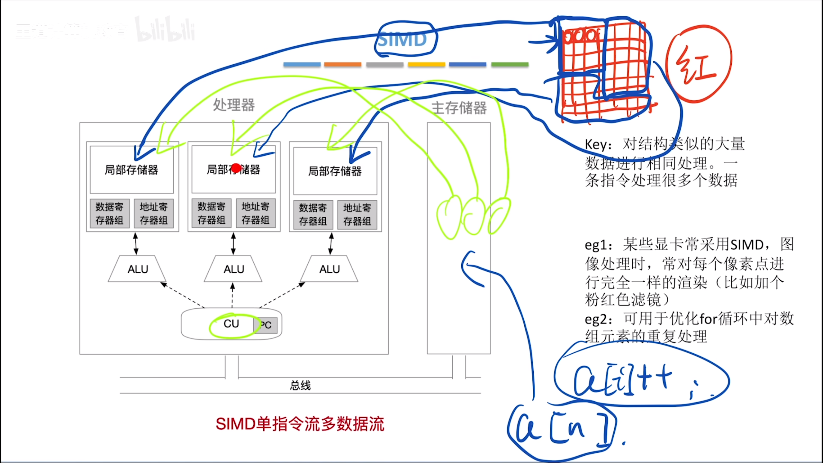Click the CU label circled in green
231,324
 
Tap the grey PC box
266,325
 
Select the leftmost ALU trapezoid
138,269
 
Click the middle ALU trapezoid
234,269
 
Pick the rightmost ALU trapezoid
329,269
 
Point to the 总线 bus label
300,385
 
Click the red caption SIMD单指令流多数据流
300,424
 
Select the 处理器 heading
234,105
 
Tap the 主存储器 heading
459,108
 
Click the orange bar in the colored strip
343,65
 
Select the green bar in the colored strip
510,65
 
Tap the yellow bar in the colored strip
426,65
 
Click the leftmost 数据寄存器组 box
110,213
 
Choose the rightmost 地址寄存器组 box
357,214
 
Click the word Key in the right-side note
595,145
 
